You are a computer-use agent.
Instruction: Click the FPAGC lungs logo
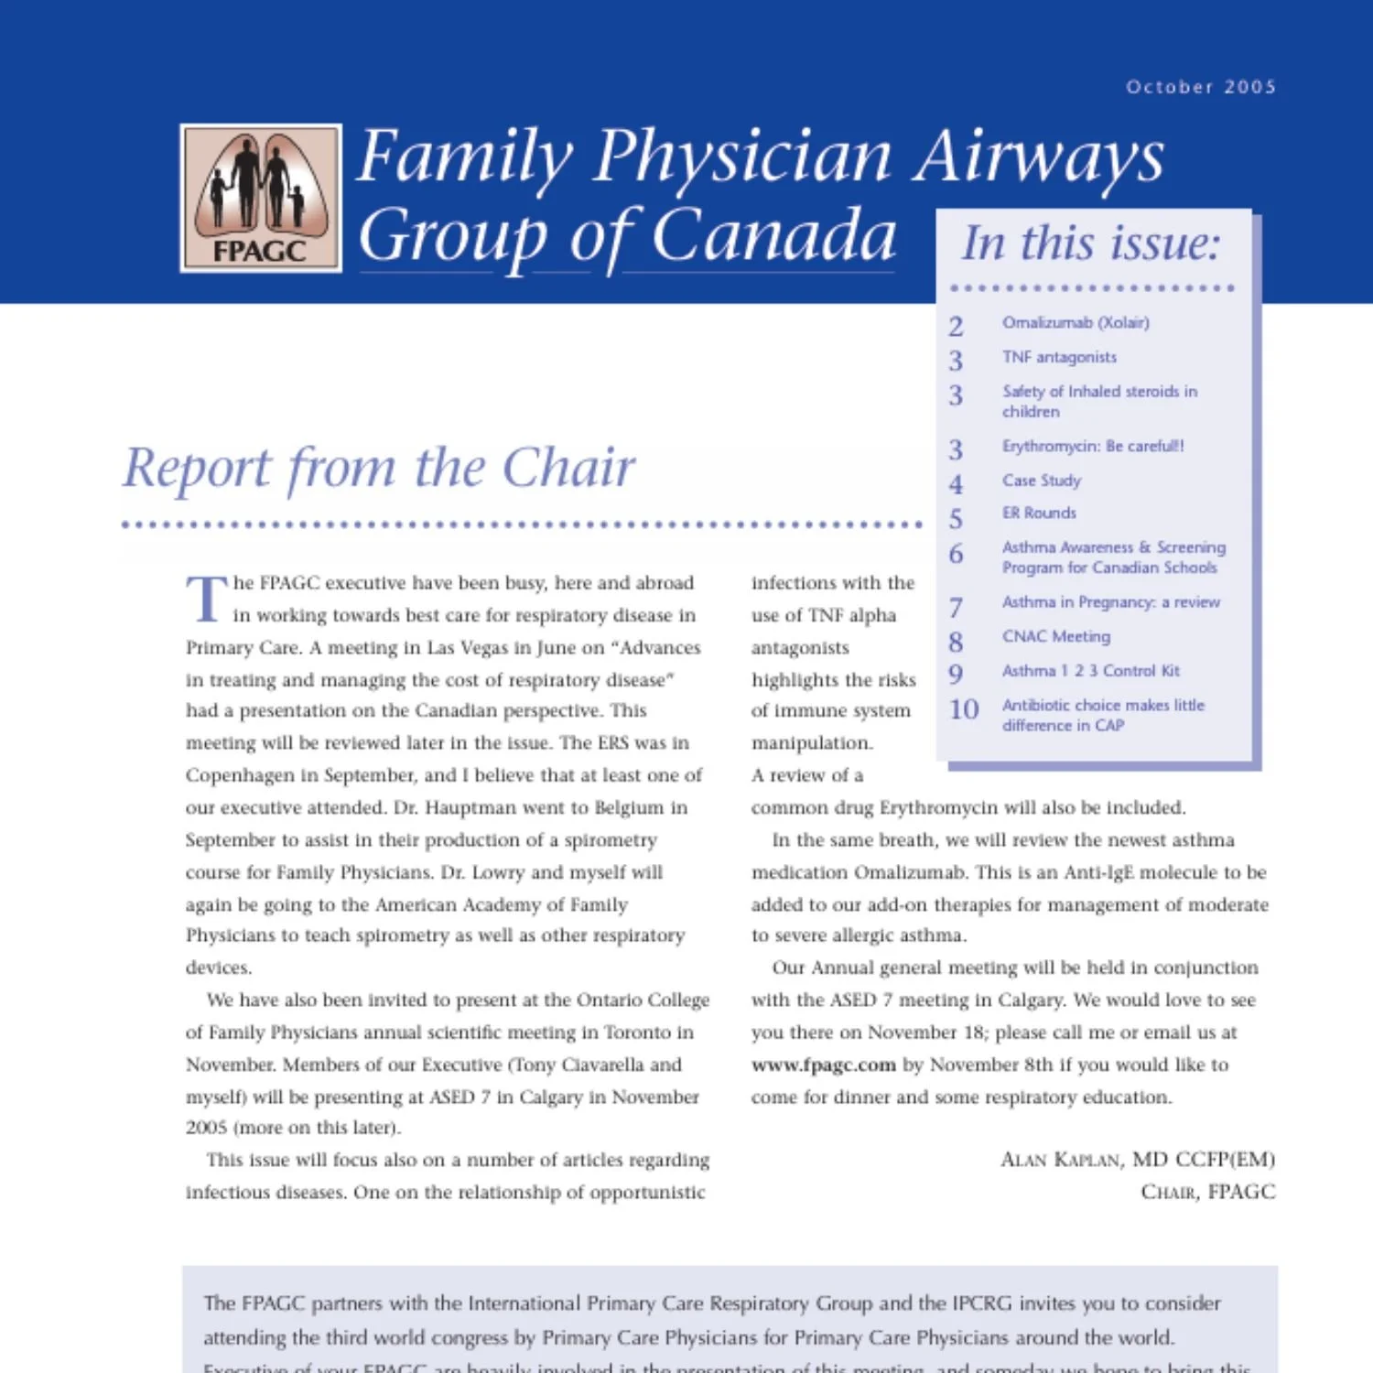[261, 198]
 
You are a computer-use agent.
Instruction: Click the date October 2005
[1200, 87]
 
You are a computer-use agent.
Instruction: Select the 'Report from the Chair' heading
[379, 468]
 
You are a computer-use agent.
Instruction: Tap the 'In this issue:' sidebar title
[1091, 243]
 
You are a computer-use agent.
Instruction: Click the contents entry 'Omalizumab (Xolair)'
[1075, 322]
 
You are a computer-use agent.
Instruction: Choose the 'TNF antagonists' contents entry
[1059, 357]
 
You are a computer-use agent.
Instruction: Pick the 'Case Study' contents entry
[1041, 481]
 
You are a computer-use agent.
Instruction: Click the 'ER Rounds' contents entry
[1039, 513]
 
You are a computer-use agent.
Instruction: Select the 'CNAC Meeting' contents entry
[1055, 636]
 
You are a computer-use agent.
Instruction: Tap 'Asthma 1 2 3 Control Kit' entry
[1090, 671]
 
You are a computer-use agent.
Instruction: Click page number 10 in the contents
[963, 709]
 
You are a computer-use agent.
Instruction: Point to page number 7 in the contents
[956, 607]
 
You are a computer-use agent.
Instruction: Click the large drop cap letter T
[206, 599]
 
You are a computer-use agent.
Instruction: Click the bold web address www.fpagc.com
[823, 1065]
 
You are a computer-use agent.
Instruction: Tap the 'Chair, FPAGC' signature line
[1206, 1192]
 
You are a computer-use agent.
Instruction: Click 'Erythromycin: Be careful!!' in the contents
[1092, 446]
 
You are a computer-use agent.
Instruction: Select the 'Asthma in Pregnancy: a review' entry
[1110, 602]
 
